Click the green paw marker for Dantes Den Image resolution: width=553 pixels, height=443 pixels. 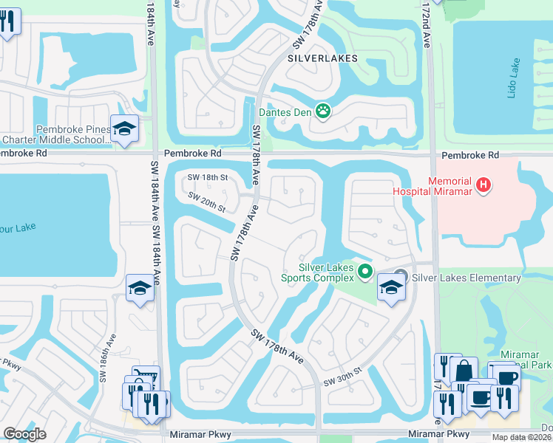point(323,112)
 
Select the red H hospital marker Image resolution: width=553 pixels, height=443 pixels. point(483,185)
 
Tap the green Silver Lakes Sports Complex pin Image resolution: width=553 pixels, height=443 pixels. point(364,272)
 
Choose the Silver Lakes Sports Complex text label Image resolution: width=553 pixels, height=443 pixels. point(326,272)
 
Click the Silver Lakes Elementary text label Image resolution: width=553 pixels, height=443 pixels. point(467,278)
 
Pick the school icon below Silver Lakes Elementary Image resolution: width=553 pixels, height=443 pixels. point(390,288)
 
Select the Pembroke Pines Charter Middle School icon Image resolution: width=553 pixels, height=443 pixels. point(125,129)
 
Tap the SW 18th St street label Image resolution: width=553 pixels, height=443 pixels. point(207,177)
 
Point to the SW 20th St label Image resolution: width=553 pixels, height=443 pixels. point(206,202)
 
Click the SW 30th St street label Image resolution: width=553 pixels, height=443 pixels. point(342,380)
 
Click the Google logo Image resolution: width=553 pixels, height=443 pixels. point(24,434)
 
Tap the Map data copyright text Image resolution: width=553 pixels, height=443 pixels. point(521,437)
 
